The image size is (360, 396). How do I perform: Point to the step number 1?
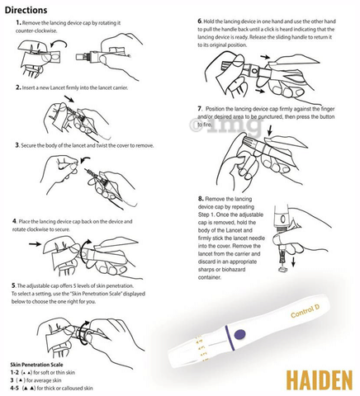pyautogui.click(x=18, y=24)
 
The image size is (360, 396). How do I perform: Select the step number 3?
pyautogui.click(x=18, y=145)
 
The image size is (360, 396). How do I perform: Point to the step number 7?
pyautogui.click(x=200, y=108)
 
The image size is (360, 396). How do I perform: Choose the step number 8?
pyautogui.click(x=201, y=199)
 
